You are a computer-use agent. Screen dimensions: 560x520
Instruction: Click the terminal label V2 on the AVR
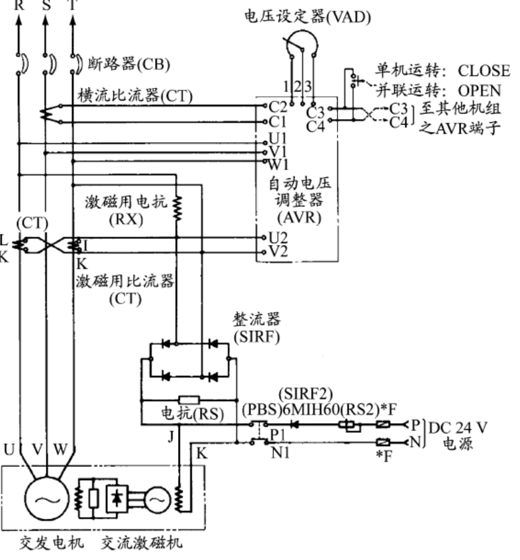[x=278, y=252]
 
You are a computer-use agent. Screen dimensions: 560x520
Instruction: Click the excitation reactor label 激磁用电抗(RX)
[x=129, y=211]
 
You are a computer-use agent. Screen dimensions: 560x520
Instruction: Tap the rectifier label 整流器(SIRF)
[x=255, y=327]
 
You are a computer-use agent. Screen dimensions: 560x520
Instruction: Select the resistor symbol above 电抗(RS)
[x=187, y=400]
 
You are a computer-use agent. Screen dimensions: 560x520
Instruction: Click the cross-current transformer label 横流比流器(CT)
[x=135, y=96]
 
